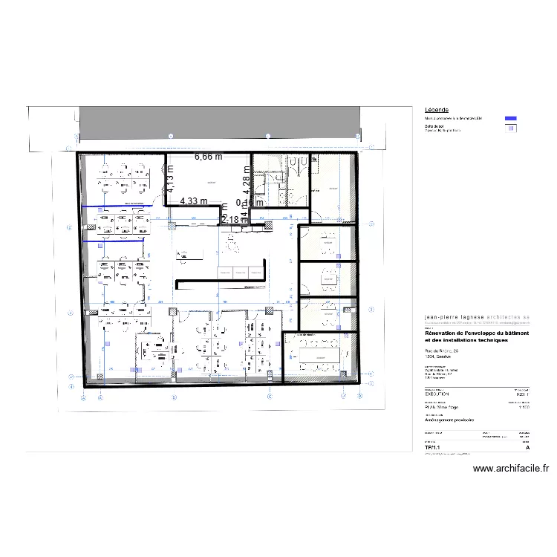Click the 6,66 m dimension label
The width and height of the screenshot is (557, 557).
pyautogui.click(x=209, y=157)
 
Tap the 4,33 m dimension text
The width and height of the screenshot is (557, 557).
pyautogui.click(x=193, y=201)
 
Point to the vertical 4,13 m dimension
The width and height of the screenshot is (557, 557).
pyautogui.click(x=170, y=179)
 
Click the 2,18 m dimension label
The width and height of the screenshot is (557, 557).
pyautogui.click(x=230, y=219)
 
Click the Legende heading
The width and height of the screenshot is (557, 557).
pyautogui.click(x=436, y=110)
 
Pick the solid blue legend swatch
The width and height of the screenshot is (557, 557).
pyautogui.click(x=510, y=119)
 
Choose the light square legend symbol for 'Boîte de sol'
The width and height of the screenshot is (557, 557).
pyautogui.click(x=510, y=128)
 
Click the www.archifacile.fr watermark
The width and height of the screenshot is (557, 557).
pyautogui.click(x=510, y=469)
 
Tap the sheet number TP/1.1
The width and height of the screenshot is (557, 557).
pyautogui.click(x=431, y=448)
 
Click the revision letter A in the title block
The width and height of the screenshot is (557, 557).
pyautogui.click(x=527, y=448)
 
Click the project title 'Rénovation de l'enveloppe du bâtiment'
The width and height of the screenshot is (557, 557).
pyautogui.click(x=476, y=333)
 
